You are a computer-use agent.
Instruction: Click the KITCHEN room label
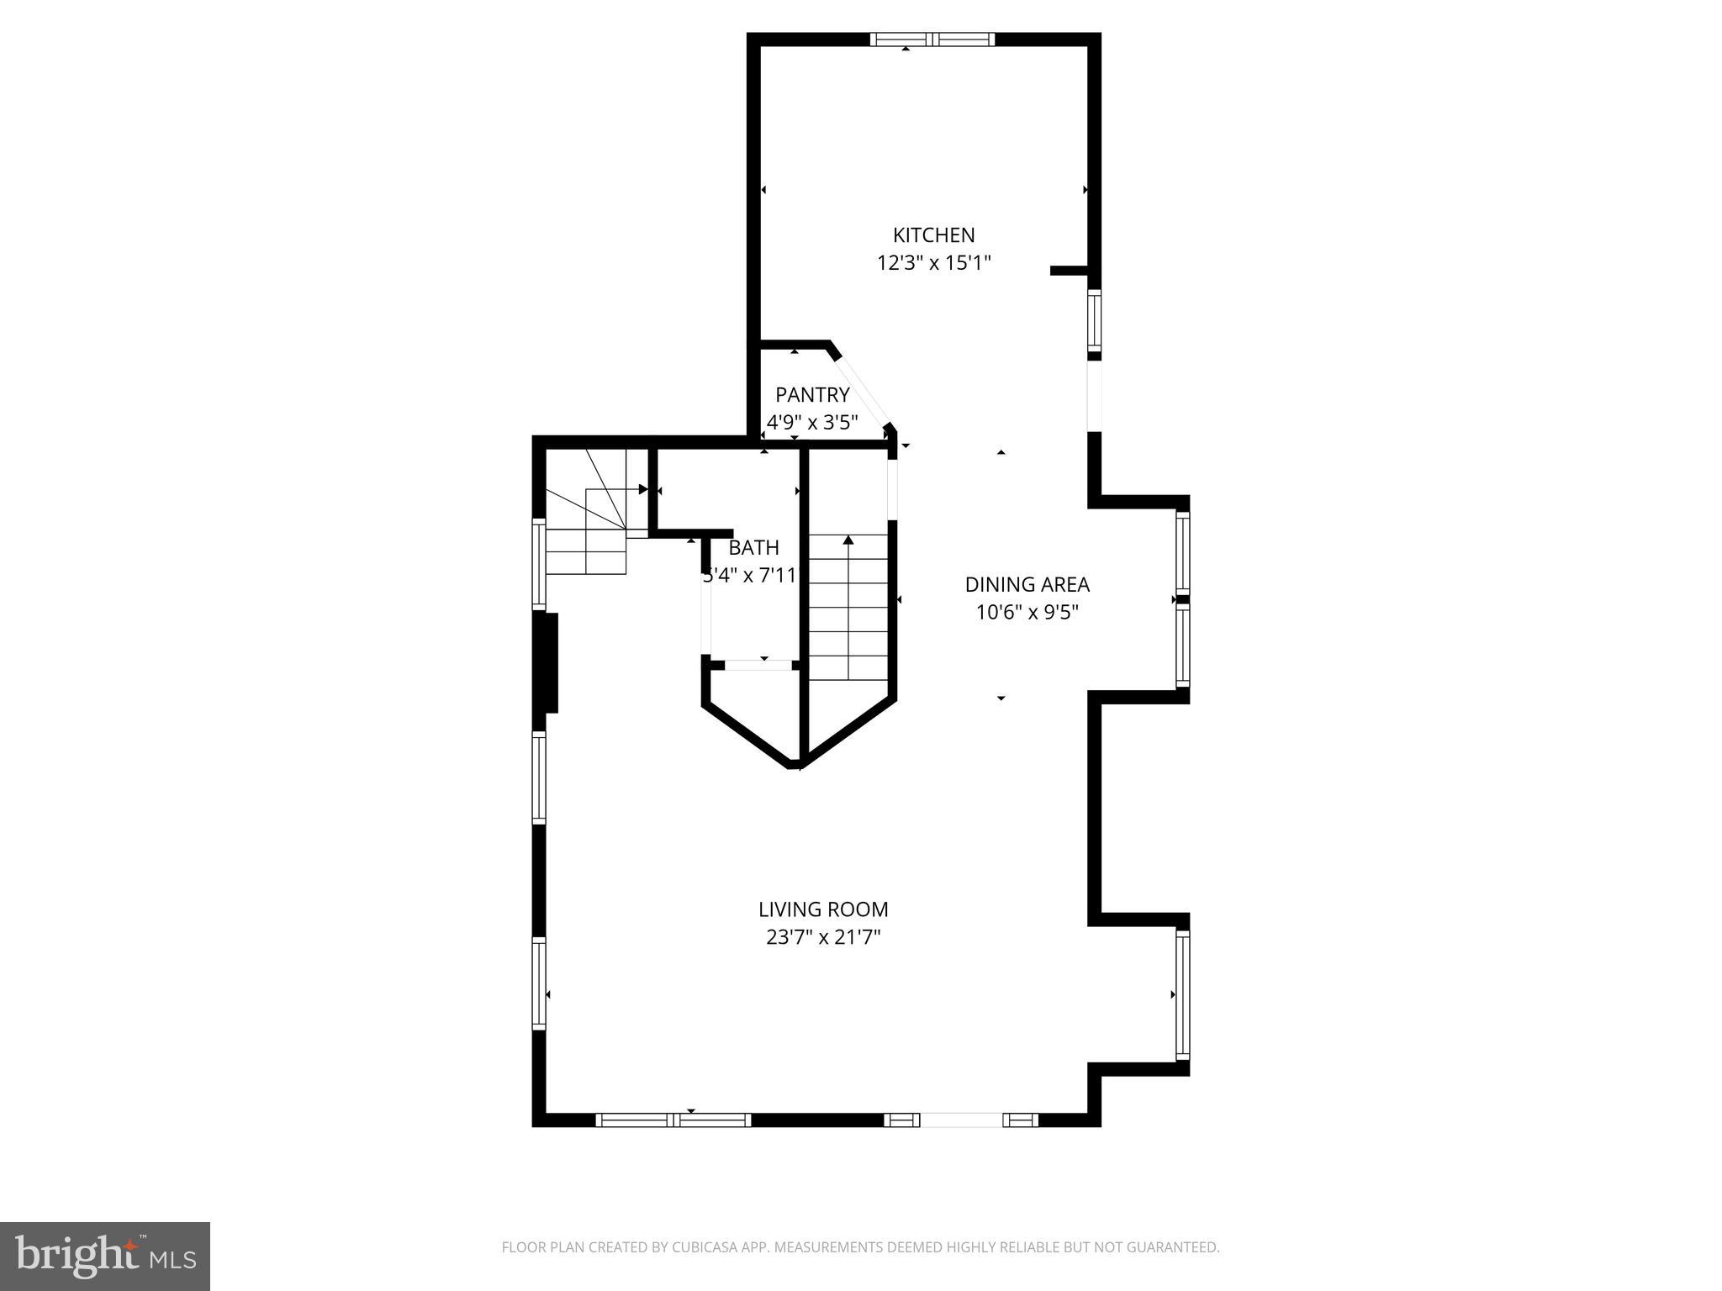(933, 235)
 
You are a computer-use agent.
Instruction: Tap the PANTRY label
(812, 394)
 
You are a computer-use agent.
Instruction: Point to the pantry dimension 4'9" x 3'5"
(812, 422)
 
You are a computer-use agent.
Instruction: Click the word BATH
(753, 548)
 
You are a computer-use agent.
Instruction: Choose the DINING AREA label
(1027, 584)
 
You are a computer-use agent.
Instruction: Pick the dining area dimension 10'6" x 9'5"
(1027, 613)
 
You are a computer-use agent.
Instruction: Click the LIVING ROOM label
(823, 909)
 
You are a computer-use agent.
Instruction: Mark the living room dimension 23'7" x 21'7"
(823, 937)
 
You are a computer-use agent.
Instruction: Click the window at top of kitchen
(932, 39)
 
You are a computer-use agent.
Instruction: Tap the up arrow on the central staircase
(848, 540)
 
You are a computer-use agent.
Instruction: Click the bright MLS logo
(105, 1256)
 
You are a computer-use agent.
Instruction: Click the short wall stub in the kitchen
(1069, 271)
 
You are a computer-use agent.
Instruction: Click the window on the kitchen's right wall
(1094, 321)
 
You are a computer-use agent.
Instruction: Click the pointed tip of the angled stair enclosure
(796, 766)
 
